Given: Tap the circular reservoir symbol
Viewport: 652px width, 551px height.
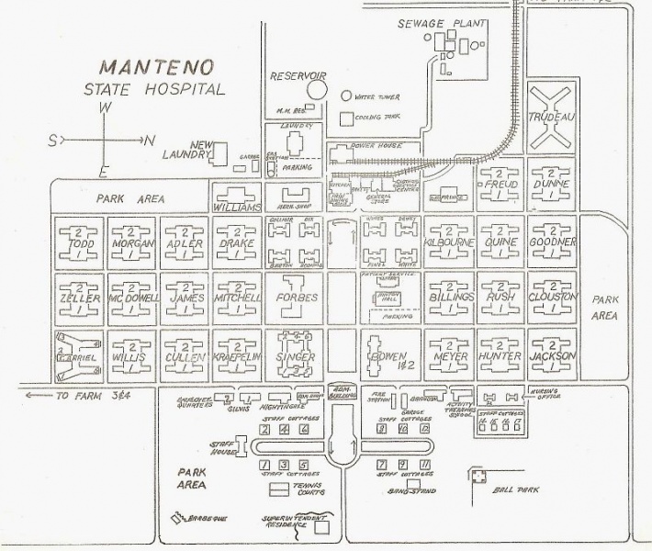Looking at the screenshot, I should pos(317,89).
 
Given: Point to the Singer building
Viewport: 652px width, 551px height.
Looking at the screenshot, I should pos(295,356).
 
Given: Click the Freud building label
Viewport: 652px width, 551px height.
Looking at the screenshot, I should pos(500,185).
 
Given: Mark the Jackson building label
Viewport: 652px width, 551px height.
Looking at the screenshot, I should pos(551,356).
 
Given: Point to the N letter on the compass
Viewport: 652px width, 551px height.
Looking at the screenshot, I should pos(150,140).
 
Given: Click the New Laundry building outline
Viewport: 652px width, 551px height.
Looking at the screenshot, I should pos(220,157).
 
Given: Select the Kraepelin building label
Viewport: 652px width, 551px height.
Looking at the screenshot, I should pos(239,356).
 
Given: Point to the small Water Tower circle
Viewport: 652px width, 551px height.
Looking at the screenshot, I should pos(345,95).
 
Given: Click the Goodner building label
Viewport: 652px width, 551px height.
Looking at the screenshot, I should pos(551,242).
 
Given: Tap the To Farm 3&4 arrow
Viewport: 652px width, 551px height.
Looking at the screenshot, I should pos(35,396).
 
